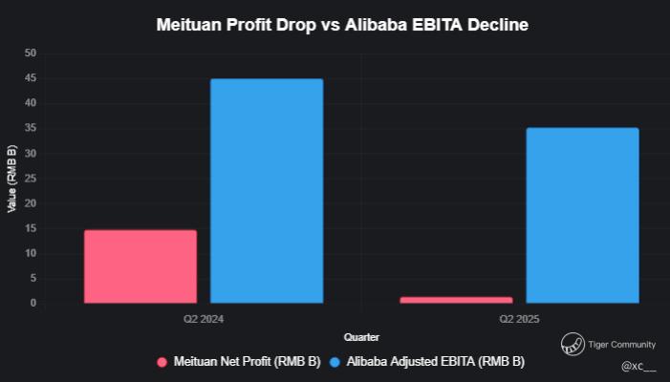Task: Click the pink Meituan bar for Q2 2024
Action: [x=140, y=266]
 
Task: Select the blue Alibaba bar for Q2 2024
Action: [x=267, y=191]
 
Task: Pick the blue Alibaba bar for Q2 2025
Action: [x=582, y=216]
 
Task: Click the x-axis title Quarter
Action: [x=361, y=337]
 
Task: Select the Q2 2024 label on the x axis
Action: [x=204, y=317]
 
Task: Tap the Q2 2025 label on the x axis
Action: [x=519, y=317]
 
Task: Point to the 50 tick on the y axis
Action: [x=31, y=53]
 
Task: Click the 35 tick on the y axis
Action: [x=31, y=128]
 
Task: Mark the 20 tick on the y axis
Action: [x=31, y=203]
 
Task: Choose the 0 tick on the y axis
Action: [x=33, y=304]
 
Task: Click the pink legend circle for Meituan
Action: [x=162, y=363]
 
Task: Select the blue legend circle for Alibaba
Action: [x=334, y=363]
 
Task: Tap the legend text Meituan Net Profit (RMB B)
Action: [x=247, y=363]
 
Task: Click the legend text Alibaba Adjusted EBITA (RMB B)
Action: [x=435, y=363]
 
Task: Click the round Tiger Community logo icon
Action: [x=573, y=344]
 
